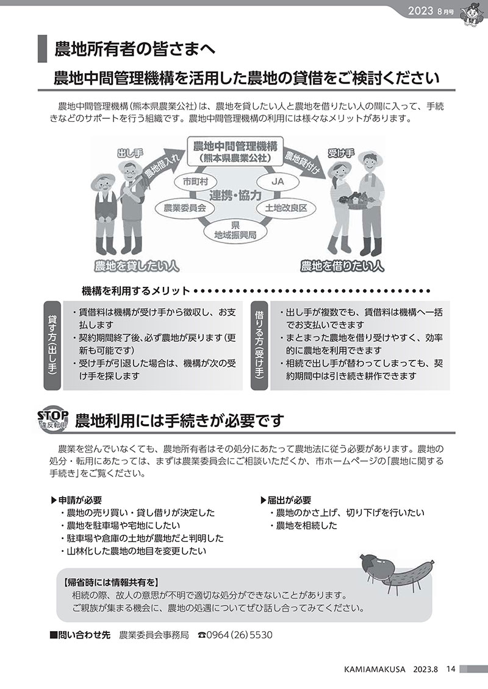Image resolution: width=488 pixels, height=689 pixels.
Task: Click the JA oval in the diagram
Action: [278, 182]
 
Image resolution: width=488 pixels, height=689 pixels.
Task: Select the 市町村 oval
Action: [195, 182]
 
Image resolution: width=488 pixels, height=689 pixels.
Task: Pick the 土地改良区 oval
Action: [286, 208]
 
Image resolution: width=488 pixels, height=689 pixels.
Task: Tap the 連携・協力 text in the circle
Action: [235, 195]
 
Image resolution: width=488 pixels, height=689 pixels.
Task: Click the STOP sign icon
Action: [53, 420]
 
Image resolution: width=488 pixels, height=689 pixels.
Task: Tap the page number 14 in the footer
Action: [450, 670]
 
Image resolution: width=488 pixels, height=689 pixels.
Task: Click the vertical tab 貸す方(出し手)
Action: [52, 346]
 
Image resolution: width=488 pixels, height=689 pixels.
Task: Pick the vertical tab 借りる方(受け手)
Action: [260, 346]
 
